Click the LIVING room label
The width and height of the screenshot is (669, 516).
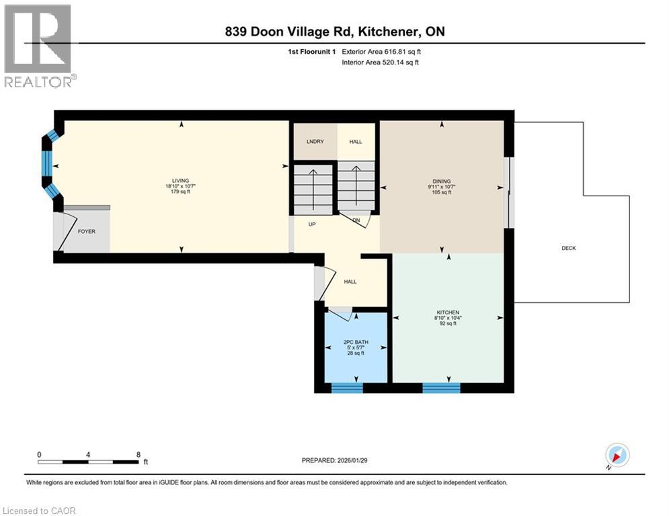180,180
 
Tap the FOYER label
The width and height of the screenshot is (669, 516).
86,231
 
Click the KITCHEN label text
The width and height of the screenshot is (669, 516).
447,312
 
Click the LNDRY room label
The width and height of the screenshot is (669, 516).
315,142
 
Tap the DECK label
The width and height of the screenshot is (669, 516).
569,248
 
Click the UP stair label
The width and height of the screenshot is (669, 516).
312,224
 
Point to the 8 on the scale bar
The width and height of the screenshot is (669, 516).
138,454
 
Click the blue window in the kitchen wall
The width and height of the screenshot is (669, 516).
441,387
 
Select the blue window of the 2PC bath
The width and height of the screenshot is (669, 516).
347,387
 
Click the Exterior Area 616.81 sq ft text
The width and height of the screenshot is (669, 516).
383,51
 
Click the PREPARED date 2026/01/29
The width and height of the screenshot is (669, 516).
336,460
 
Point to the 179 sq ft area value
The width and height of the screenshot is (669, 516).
180,191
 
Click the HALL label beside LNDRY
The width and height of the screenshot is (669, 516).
355,142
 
